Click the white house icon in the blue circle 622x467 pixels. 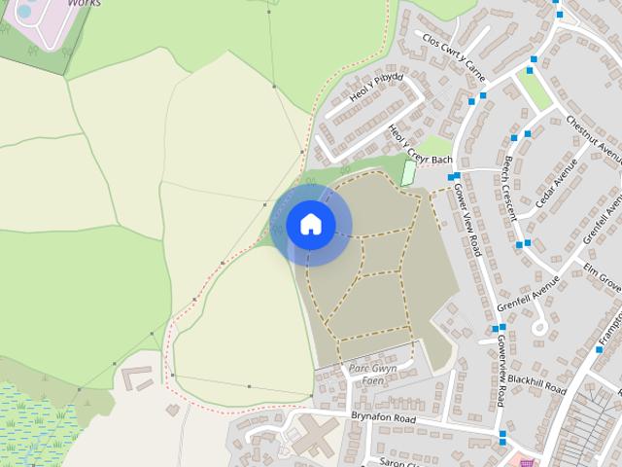(x=310, y=224)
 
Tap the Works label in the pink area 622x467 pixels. (x=84, y=3)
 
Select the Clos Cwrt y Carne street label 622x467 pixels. (x=453, y=55)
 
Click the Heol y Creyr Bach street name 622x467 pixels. (x=420, y=145)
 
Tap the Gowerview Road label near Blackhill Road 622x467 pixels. (x=497, y=370)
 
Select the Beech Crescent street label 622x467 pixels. (x=508, y=189)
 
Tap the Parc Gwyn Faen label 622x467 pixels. (x=372, y=375)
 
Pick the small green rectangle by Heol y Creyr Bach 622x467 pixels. (x=408, y=173)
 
